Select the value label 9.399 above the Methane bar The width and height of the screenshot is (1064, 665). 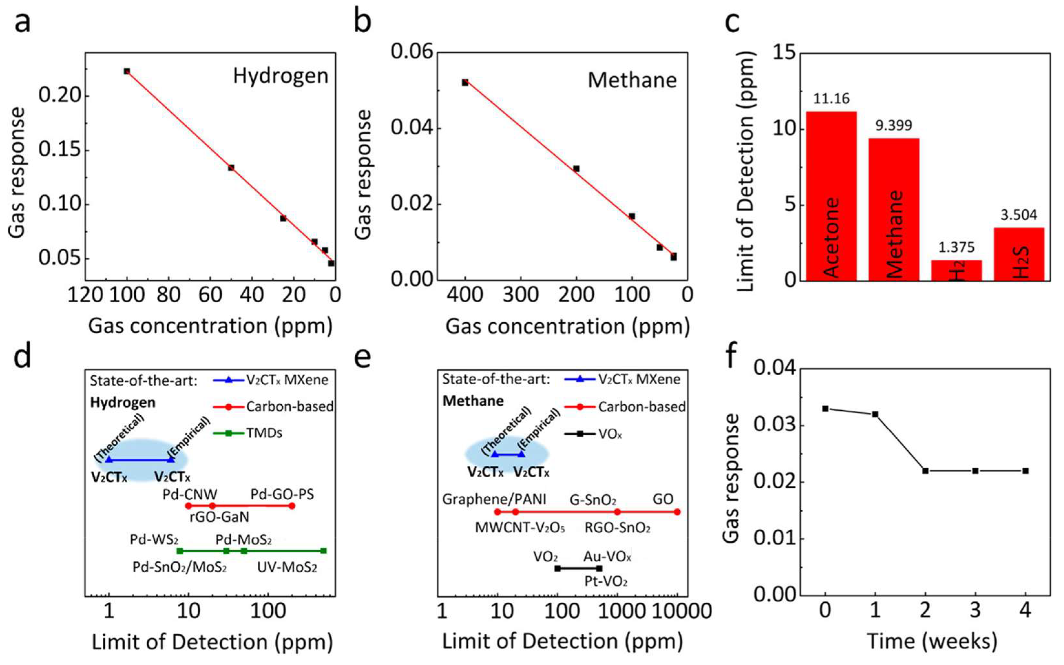893,125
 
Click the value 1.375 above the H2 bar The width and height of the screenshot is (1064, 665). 956,247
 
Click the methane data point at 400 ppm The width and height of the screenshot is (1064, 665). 465,82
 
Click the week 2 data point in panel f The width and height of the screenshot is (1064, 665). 925,471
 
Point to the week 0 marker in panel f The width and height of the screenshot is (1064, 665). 825,409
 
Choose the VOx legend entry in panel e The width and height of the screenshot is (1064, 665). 610,434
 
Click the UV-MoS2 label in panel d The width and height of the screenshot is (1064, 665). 287,567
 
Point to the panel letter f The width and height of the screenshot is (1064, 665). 732,357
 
